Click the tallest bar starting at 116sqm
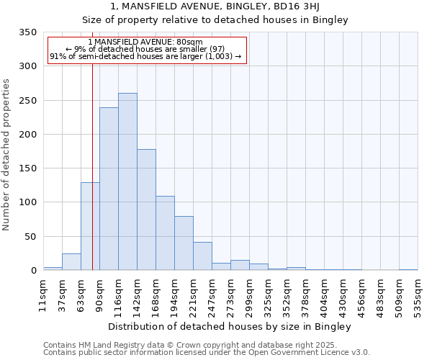127,181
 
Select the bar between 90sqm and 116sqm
109,189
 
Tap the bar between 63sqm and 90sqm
90,226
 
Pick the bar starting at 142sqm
146,210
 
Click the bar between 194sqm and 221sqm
184,243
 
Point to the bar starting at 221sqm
202,256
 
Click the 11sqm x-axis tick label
43,294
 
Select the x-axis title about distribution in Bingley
230,327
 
